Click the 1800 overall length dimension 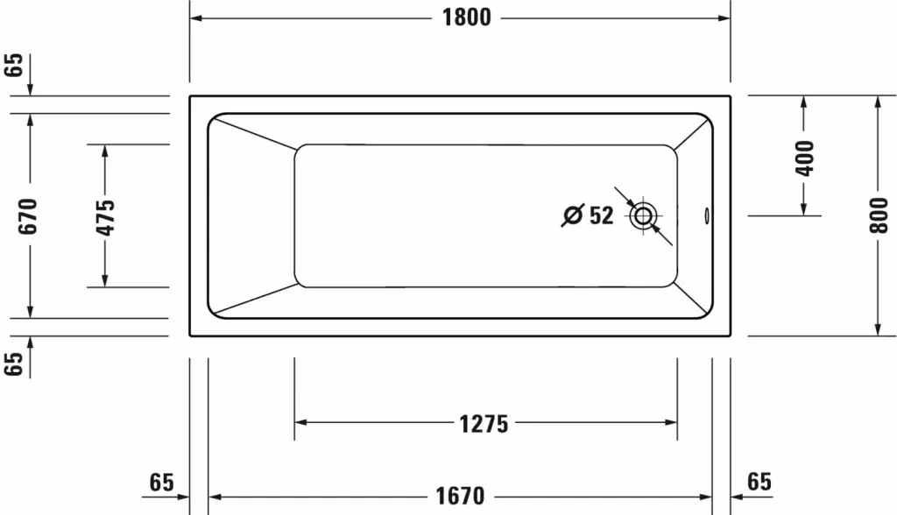click(466, 18)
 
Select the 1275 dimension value click(484, 424)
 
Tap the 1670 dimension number click(460, 496)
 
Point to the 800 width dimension click(879, 215)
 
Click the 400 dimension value click(804, 159)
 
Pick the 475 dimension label click(105, 217)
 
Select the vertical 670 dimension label click(27, 215)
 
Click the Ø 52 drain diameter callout click(588, 215)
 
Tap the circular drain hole click(643, 215)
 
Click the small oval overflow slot click(707, 215)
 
